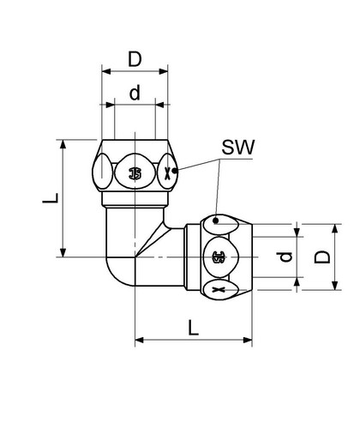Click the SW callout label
(237, 148)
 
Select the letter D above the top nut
(135, 59)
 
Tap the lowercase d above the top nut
(135, 93)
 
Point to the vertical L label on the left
(51, 198)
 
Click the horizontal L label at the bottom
(194, 328)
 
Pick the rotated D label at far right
(322, 257)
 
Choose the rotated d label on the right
(285, 257)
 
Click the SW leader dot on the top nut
(174, 171)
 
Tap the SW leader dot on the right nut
(216, 221)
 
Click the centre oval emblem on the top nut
(135, 172)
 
